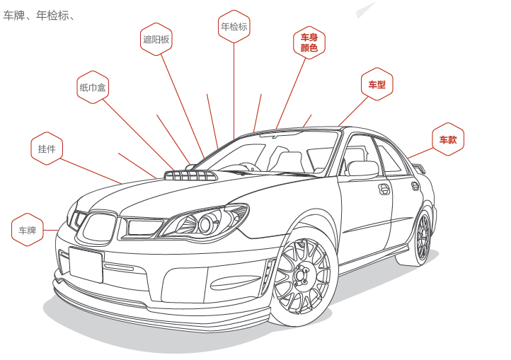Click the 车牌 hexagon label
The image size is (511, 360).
coord(28,230)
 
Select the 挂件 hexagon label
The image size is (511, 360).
coord(47,149)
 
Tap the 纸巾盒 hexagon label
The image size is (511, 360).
coord(93,88)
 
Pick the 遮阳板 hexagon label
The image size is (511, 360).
coord(156,40)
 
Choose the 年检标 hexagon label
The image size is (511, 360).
coord(234,27)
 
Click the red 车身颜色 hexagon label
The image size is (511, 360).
coord(309,42)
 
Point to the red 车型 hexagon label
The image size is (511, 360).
coord(377,85)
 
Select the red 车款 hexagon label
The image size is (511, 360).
coord(447,140)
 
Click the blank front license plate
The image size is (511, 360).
coord(86,265)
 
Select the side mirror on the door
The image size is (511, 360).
coord(362,168)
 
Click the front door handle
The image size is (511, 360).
coord(384,189)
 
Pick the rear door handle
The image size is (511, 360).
coord(415,185)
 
